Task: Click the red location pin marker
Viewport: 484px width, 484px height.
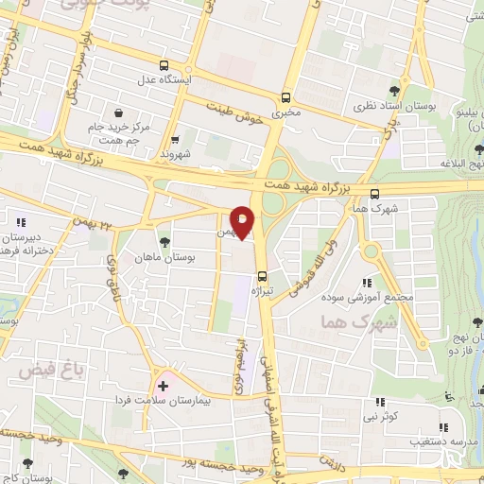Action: (x=243, y=221)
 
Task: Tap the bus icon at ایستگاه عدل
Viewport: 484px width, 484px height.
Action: (x=164, y=65)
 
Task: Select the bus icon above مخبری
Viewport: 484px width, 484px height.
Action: (x=285, y=95)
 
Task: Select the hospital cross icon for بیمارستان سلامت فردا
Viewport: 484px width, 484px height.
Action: (x=164, y=386)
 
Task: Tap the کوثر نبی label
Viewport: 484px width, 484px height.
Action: (x=386, y=416)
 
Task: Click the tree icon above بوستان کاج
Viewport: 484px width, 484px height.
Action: (x=26, y=462)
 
